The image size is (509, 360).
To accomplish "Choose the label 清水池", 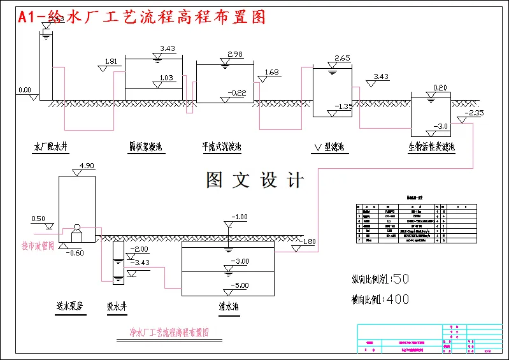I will tap(229, 306).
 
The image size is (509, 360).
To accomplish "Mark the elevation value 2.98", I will tap(235, 54).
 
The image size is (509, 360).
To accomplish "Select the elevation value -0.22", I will tap(238, 92).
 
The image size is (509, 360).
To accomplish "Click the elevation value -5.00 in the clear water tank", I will tap(240, 285).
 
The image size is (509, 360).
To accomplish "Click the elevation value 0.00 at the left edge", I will tap(25, 90).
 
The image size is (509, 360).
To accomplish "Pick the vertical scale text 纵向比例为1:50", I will tap(380, 278).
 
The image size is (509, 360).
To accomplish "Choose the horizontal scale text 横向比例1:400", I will tap(380, 299).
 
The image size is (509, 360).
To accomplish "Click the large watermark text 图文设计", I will tap(255, 180).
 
